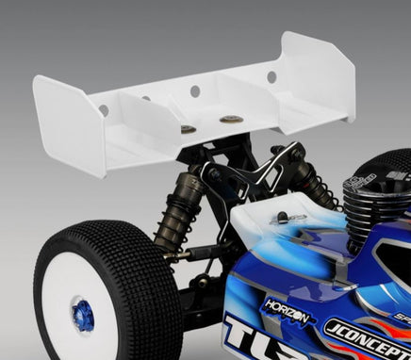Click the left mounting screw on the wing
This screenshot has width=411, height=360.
(187, 128)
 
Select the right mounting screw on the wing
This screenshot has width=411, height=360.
(229, 120)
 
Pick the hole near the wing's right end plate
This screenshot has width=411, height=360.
(271, 74)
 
